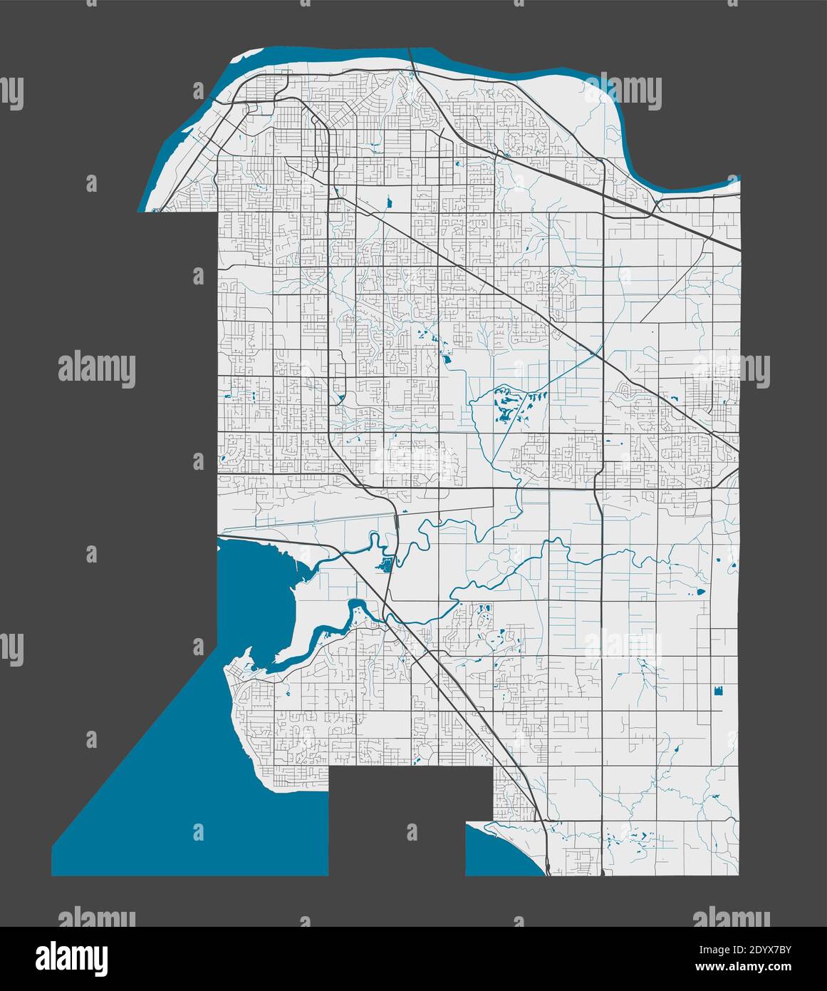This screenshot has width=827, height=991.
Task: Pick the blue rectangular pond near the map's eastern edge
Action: click(718, 690)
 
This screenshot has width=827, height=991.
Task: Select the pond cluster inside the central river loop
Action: click(507, 410)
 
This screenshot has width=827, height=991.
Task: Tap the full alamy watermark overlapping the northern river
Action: click(622, 91)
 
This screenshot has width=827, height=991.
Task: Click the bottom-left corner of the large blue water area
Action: click(54, 873)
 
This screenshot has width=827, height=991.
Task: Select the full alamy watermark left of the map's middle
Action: click(96, 370)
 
